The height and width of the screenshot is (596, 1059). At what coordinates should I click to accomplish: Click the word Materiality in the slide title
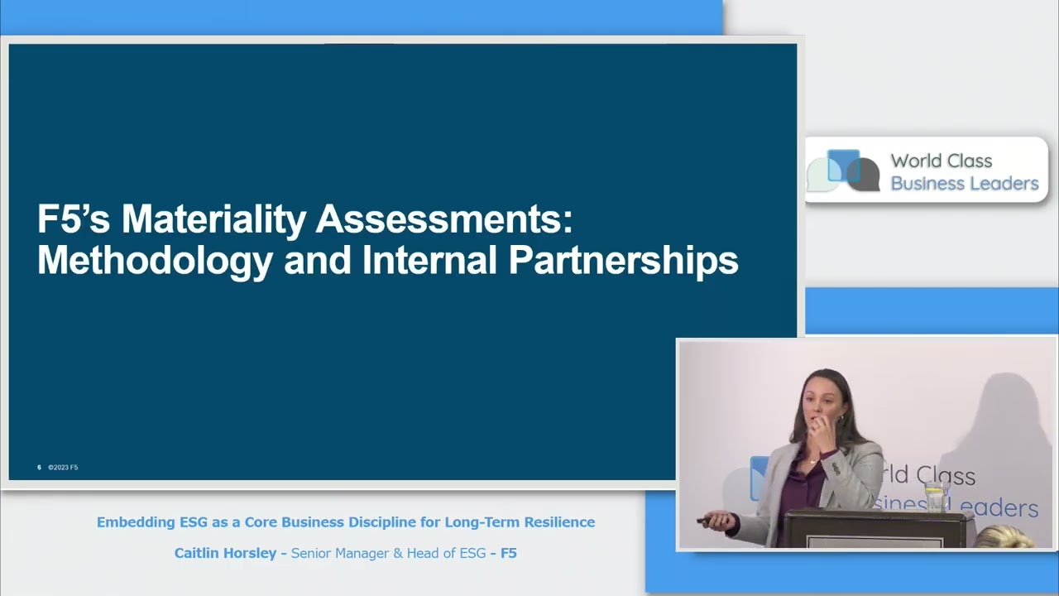click(213, 219)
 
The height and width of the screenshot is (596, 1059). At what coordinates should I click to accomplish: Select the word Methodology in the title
click(155, 261)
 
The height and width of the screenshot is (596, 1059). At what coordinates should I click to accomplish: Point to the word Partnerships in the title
click(623, 261)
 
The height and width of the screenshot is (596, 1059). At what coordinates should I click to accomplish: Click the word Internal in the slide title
click(429, 259)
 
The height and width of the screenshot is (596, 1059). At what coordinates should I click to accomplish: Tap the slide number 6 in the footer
click(39, 468)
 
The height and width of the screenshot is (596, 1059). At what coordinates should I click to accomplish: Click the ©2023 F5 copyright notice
click(63, 468)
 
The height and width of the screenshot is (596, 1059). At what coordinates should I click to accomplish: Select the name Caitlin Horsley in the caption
click(225, 553)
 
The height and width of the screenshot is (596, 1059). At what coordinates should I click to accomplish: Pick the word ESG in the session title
click(194, 521)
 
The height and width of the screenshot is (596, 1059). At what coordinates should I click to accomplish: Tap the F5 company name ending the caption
click(508, 553)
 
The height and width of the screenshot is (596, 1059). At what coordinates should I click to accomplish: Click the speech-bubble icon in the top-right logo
click(843, 171)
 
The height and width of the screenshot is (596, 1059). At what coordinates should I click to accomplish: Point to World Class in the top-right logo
click(942, 161)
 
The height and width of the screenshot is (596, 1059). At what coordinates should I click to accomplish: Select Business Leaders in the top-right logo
click(965, 183)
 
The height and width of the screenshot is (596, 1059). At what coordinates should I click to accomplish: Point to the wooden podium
click(879, 528)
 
